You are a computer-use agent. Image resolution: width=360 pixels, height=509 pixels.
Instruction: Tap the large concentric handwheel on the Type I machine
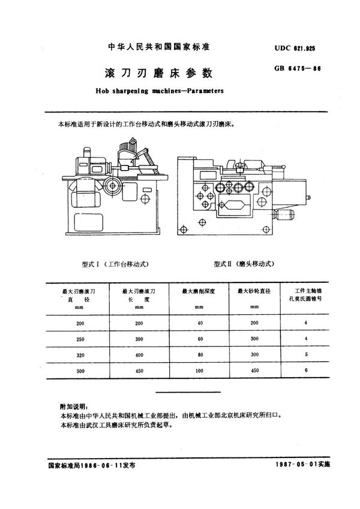tap(110, 184)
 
